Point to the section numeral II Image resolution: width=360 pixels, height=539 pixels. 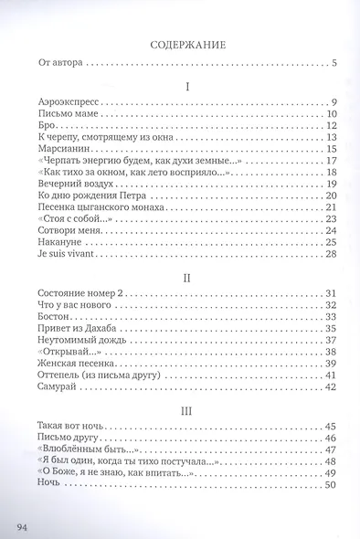tap(186, 271)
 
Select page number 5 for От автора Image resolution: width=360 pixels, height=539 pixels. tap(334, 63)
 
